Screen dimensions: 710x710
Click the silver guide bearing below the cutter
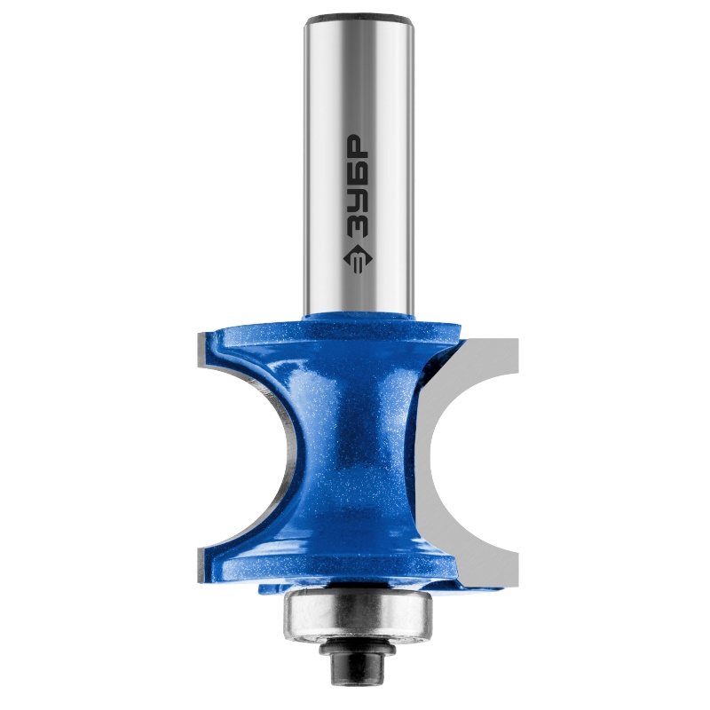coord(358,614)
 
